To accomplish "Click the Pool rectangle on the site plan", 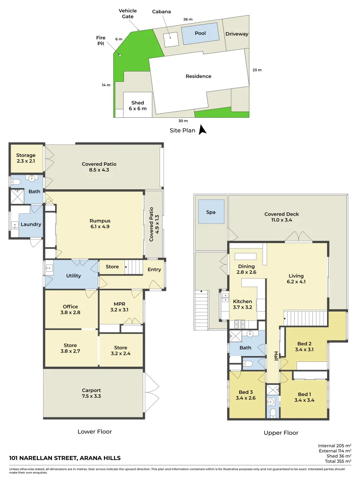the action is tap(200, 33).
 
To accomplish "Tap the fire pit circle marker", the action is tap(120, 55).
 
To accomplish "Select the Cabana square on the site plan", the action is tap(171, 40).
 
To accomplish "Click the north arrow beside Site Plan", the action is tap(202, 130).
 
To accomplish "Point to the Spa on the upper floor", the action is tap(211, 212).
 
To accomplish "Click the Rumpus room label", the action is tap(100, 221).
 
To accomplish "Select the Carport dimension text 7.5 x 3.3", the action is tap(91, 396).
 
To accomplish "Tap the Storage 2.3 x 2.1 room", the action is tap(26, 158).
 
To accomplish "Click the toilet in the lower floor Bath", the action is tap(16, 182).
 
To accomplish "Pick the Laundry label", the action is tap(31, 224).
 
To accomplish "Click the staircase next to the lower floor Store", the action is tap(134, 267).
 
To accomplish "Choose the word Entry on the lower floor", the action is tap(154, 269).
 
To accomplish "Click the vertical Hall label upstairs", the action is tap(276, 356).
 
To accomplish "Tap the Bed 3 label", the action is tap(246, 392).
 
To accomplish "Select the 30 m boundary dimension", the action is tap(183, 121).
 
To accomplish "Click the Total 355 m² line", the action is tap(338, 461).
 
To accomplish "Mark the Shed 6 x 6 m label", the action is tap(138, 106).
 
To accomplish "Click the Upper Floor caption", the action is tap(281, 432).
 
